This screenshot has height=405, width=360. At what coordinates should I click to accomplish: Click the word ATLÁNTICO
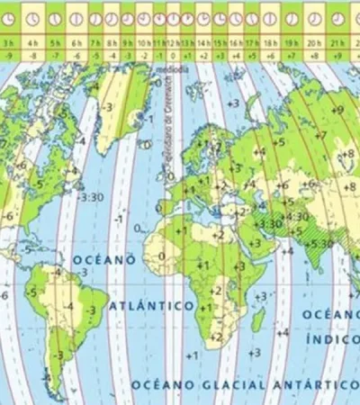tap(150, 307)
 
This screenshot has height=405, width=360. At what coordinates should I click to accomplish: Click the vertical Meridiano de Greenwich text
tap(167, 117)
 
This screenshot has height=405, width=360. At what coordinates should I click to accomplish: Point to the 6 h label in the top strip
tap(76, 40)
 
